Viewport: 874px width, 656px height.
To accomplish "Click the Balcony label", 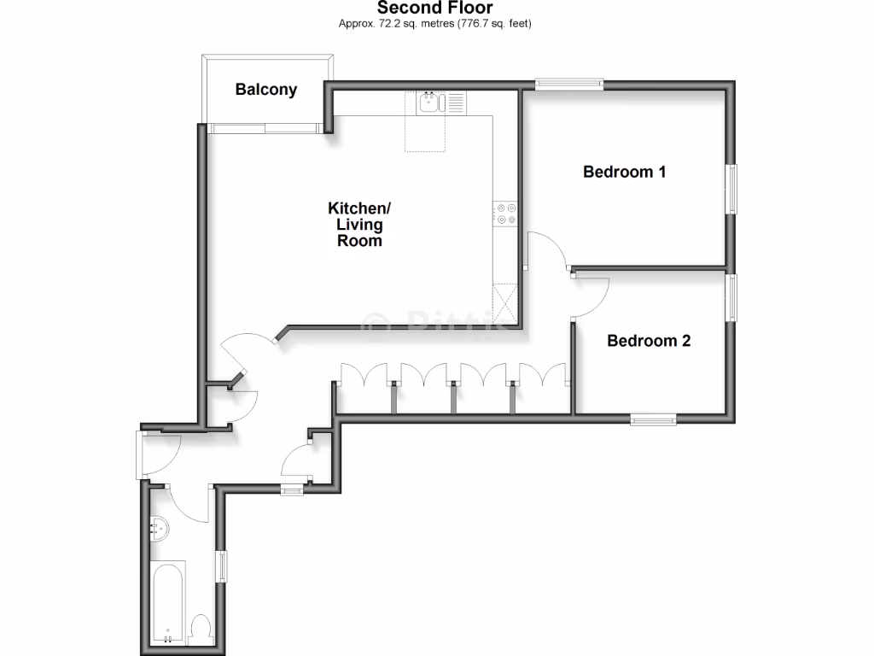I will tap(266, 89).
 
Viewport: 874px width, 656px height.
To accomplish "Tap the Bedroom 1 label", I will tap(624, 172).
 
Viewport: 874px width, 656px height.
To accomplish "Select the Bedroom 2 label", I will tap(649, 341).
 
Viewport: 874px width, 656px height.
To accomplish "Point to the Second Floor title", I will tap(435, 9).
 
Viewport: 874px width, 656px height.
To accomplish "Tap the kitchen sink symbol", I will tap(430, 104).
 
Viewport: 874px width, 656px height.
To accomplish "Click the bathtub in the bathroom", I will tap(168, 602).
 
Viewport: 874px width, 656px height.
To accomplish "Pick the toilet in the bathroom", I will tap(201, 629).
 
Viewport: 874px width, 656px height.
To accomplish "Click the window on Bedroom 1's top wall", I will tap(569, 84).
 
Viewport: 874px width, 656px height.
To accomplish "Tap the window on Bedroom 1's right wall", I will tap(731, 189).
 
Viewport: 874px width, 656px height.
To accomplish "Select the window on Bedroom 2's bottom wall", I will tap(654, 419).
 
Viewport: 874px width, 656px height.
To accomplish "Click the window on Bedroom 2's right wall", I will tap(731, 297).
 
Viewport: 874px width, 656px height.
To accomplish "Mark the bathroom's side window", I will tap(223, 568).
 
